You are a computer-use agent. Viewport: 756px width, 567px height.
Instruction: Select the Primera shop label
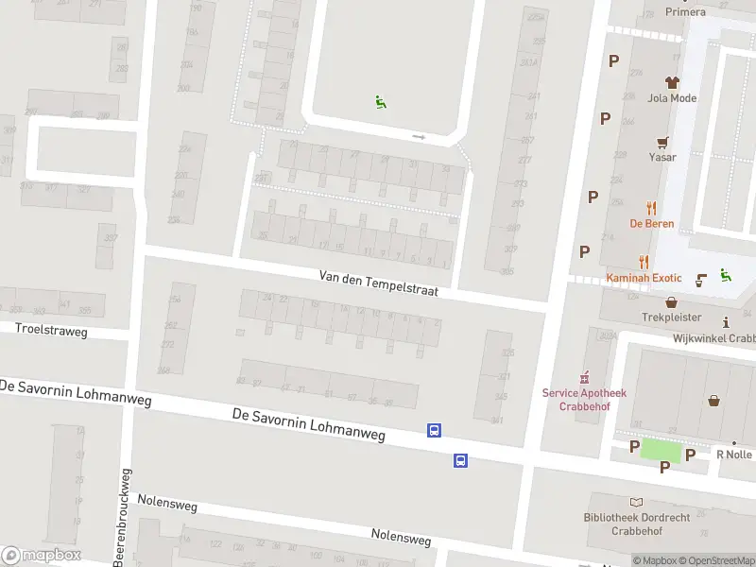point(685,12)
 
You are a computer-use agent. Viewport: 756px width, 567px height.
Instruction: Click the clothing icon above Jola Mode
point(672,82)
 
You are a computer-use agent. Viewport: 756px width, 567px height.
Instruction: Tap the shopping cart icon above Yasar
point(664,142)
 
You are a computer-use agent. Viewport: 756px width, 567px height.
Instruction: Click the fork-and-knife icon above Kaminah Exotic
point(644,262)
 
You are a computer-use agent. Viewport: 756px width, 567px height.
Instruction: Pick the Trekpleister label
point(672,318)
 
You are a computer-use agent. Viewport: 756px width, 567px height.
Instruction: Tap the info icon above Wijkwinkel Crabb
point(726,322)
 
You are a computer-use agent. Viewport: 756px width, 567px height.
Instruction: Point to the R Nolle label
point(733,455)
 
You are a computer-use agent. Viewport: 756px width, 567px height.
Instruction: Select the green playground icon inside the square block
point(380,102)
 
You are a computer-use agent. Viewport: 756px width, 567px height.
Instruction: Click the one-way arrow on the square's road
point(419,137)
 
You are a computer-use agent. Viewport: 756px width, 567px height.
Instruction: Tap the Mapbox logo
point(42,556)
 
